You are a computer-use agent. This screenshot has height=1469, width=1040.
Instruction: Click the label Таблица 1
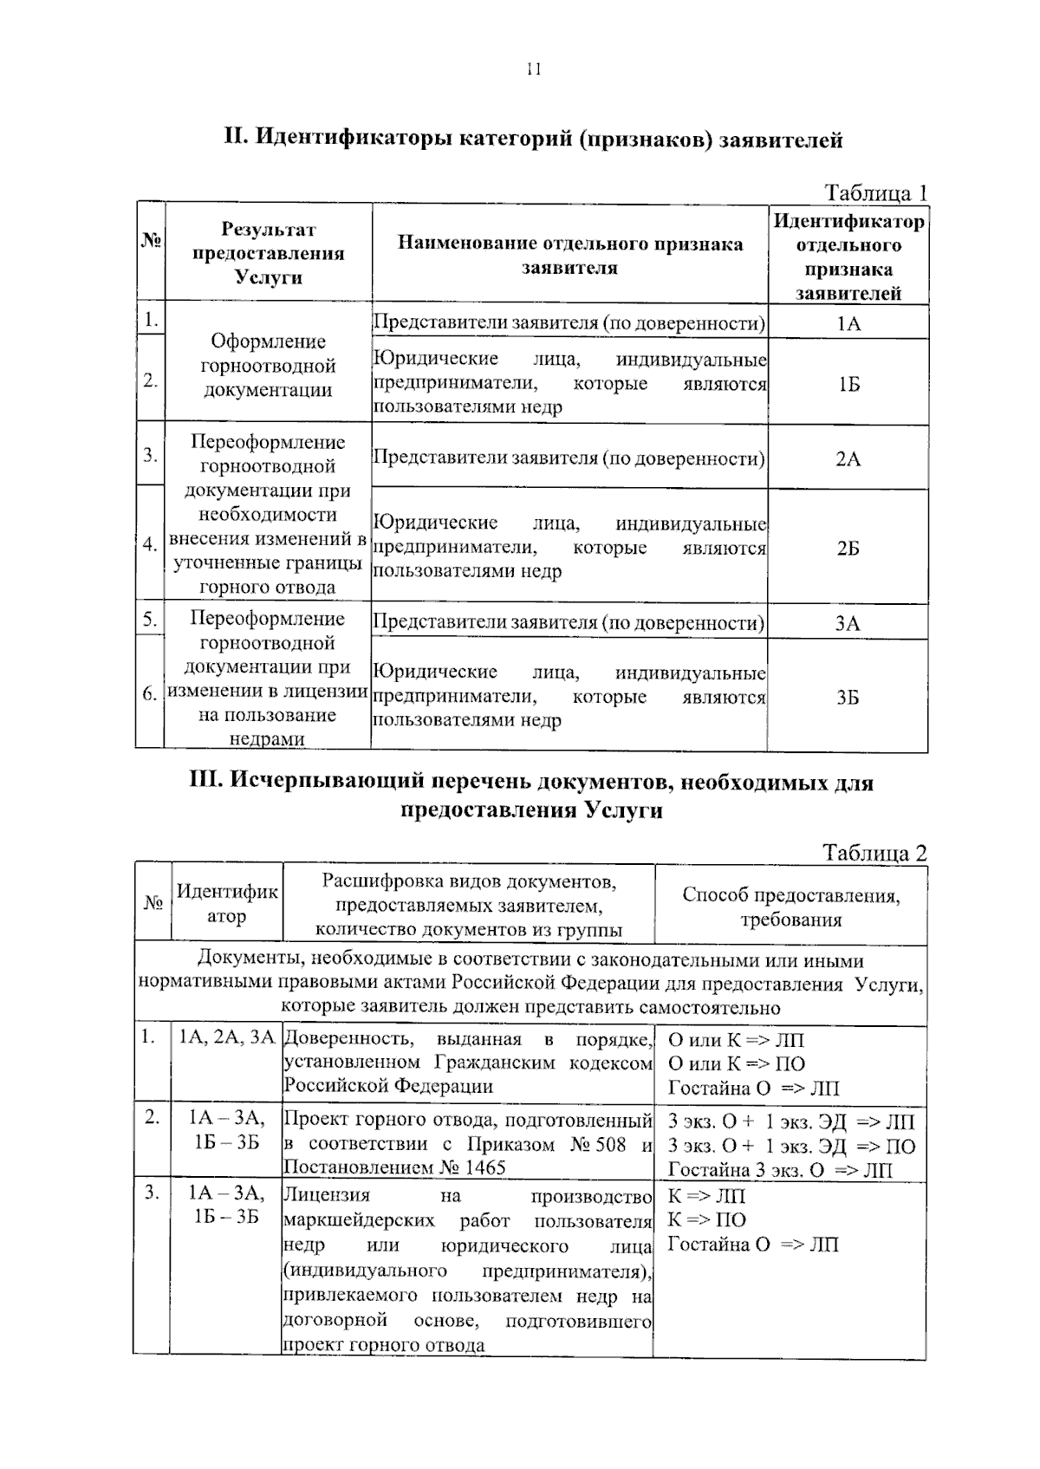click(875, 192)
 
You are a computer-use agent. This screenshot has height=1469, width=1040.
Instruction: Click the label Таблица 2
click(875, 853)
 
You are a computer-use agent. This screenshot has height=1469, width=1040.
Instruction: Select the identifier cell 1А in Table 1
click(848, 323)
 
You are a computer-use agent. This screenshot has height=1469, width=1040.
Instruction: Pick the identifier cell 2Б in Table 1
click(848, 548)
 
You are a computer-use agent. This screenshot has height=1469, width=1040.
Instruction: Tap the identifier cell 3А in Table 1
click(848, 622)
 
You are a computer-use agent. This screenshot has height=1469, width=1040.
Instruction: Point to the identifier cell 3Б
click(848, 697)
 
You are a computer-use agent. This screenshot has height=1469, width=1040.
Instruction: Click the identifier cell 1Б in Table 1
click(848, 383)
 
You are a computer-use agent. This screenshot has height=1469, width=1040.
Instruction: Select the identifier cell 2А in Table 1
click(848, 458)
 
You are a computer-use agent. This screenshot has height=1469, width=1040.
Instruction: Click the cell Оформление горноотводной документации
click(268, 365)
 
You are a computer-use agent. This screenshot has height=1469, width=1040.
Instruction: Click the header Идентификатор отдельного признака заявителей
click(848, 257)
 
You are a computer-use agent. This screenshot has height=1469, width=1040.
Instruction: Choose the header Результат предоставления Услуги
click(268, 253)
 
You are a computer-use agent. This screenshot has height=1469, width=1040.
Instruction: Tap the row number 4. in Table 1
click(150, 544)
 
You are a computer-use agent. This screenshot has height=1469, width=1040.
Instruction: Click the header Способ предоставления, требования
click(790, 907)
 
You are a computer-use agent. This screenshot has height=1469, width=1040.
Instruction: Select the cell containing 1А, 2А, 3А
click(226, 1037)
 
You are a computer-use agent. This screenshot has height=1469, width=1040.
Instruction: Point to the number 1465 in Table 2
click(484, 1167)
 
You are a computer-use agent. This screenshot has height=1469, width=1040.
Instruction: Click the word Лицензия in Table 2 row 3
click(326, 1196)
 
